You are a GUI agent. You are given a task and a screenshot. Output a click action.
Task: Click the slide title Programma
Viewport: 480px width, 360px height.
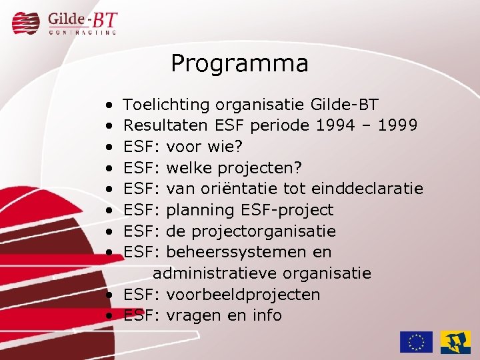point(239,63)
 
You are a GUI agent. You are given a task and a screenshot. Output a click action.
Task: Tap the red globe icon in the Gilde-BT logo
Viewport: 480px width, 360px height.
point(27,23)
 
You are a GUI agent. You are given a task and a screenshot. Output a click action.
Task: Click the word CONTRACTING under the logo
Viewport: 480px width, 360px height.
point(83,31)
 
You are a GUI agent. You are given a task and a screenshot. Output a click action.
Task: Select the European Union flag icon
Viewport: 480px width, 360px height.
point(416,342)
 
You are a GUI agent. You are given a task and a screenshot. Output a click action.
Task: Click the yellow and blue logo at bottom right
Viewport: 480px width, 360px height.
point(455,342)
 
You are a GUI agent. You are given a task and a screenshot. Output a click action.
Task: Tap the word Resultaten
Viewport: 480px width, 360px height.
point(167,125)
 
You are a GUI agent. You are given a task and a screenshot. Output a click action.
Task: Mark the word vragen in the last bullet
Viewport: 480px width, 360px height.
point(195,316)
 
